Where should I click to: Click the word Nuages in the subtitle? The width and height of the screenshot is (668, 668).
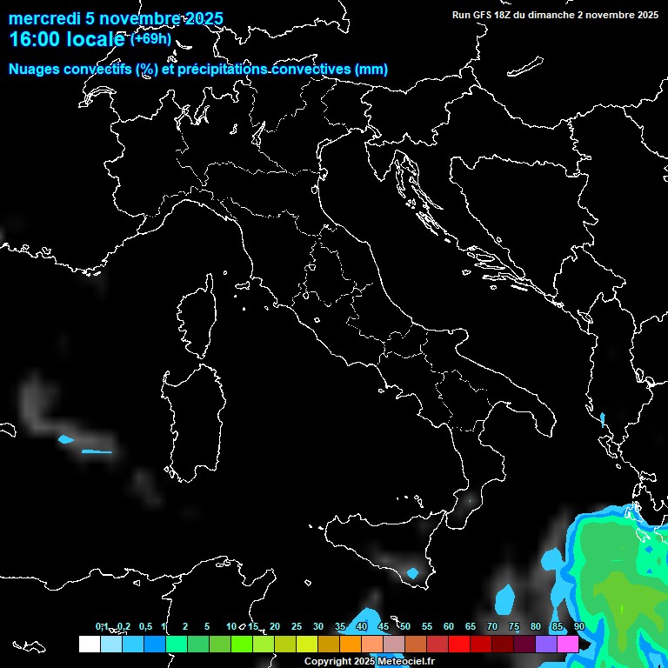coord(35,70)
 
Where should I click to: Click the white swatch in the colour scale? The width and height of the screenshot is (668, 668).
coord(89,644)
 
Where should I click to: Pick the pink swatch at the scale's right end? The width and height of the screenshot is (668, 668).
coord(568,644)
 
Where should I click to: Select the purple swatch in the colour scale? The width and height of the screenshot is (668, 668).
coord(546,644)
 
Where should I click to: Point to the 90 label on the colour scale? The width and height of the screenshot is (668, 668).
coord(579,626)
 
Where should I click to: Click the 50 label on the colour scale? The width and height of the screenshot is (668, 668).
coord(405,626)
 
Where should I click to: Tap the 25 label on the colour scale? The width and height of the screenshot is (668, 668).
coord(297,626)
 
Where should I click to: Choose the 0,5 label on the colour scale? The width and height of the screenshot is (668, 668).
coord(145,626)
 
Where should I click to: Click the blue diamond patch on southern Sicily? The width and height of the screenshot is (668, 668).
coord(412,573)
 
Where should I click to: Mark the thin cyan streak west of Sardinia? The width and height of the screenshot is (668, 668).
coord(97,451)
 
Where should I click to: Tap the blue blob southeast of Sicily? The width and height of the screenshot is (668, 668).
coord(504,599)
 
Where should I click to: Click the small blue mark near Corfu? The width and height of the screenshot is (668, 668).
coord(602,419)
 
